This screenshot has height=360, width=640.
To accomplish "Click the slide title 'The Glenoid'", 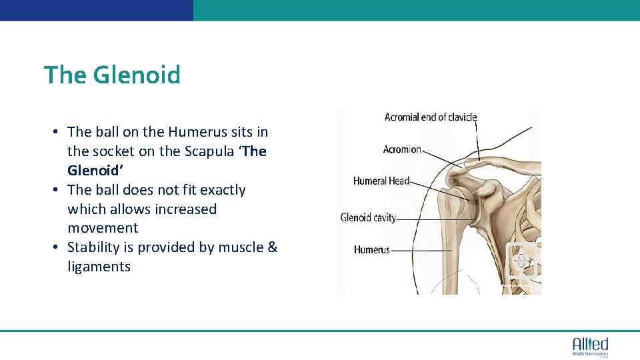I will (x=112, y=75).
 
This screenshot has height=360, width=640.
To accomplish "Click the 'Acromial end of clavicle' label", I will (x=431, y=117).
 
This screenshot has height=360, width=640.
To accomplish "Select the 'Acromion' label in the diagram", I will (x=402, y=149).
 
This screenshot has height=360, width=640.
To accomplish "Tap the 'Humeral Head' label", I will (x=381, y=181).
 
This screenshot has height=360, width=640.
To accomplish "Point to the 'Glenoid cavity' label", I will (x=368, y=217).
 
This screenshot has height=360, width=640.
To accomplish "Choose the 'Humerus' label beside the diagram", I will (x=371, y=250).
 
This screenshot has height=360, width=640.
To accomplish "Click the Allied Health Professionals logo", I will (x=590, y=347).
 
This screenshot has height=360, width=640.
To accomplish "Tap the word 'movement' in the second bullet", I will (x=103, y=228).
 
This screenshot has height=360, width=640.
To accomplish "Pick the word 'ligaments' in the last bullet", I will (x=99, y=267).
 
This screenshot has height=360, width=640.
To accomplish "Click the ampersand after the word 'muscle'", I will (x=272, y=247).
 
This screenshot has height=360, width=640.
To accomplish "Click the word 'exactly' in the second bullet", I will (x=223, y=190).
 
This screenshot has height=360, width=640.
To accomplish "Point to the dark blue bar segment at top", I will (x=96, y=10).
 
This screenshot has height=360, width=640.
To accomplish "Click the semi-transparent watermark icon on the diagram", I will (x=522, y=260).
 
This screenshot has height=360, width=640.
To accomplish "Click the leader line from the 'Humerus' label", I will (x=420, y=251).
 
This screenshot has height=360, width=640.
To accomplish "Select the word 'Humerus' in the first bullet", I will (x=196, y=132).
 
